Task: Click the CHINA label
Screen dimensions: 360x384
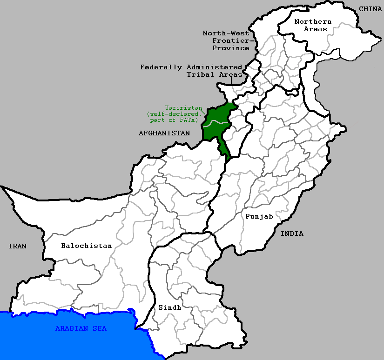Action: [x=370, y=9]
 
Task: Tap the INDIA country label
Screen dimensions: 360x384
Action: [x=292, y=233]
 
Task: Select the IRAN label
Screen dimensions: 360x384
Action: [x=17, y=246]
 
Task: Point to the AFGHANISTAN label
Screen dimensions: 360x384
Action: [x=164, y=133]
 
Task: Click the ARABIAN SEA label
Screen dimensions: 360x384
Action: [x=81, y=328]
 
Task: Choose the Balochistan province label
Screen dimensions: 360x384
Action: [x=87, y=246]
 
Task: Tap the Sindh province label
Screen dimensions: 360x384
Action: [x=169, y=307]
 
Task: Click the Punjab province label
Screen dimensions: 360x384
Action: [x=259, y=216]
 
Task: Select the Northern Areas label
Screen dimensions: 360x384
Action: [x=313, y=25]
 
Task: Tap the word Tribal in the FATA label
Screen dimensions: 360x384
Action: [x=200, y=74]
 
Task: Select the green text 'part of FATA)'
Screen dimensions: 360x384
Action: [x=174, y=120]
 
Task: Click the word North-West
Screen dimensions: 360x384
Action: [x=226, y=33]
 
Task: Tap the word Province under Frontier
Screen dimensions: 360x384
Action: [x=231, y=48]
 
